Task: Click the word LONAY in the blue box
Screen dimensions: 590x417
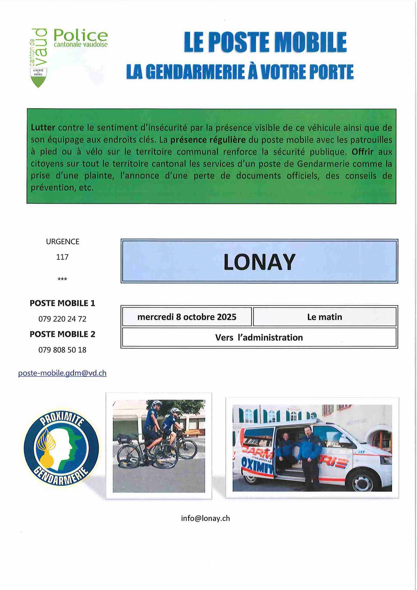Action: click(x=259, y=262)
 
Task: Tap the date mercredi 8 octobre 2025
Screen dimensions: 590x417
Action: click(x=187, y=317)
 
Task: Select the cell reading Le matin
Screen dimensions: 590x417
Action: click(x=324, y=317)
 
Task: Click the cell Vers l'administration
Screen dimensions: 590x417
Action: click(x=259, y=338)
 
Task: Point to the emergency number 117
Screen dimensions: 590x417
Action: click(x=62, y=257)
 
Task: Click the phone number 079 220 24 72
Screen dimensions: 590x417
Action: click(x=62, y=319)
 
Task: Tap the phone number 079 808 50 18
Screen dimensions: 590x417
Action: click(x=62, y=350)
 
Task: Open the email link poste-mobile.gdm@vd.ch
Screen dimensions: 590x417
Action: click(x=62, y=373)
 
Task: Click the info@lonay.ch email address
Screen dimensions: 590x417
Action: click(x=205, y=518)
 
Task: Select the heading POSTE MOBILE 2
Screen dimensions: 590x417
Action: click(x=62, y=334)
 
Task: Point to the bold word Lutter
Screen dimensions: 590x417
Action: click(x=43, y=128)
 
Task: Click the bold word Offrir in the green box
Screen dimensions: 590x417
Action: click(x=362, y=152)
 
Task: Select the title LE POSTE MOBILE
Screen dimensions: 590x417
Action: click(x=265, y=42)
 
